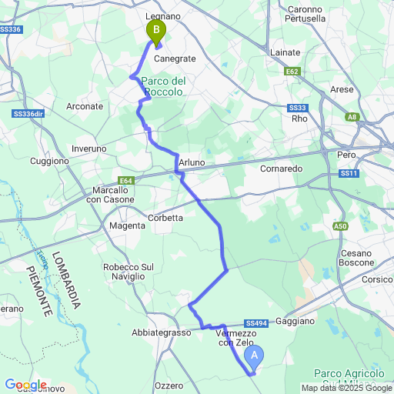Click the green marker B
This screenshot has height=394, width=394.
tap(156, 32)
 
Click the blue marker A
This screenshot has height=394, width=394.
tap(254, 356)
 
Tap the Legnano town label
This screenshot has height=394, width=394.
tap(162, 15)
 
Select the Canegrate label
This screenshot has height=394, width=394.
tap(175, 58)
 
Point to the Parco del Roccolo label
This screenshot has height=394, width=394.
tap(162, 86)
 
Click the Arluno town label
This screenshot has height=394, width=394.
tap(192, 162)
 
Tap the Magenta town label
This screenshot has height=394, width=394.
tap(127, 225)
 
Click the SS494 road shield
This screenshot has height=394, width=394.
tap(256, 323)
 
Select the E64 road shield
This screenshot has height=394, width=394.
tap(127, 181)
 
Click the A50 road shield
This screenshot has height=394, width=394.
tap(341, 225)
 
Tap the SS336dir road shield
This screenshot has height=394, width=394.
tap(28, 113)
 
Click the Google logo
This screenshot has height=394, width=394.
tap(25, 385)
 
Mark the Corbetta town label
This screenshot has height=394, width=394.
tap(165, 218)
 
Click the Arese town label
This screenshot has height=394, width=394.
tap(341, 89)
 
